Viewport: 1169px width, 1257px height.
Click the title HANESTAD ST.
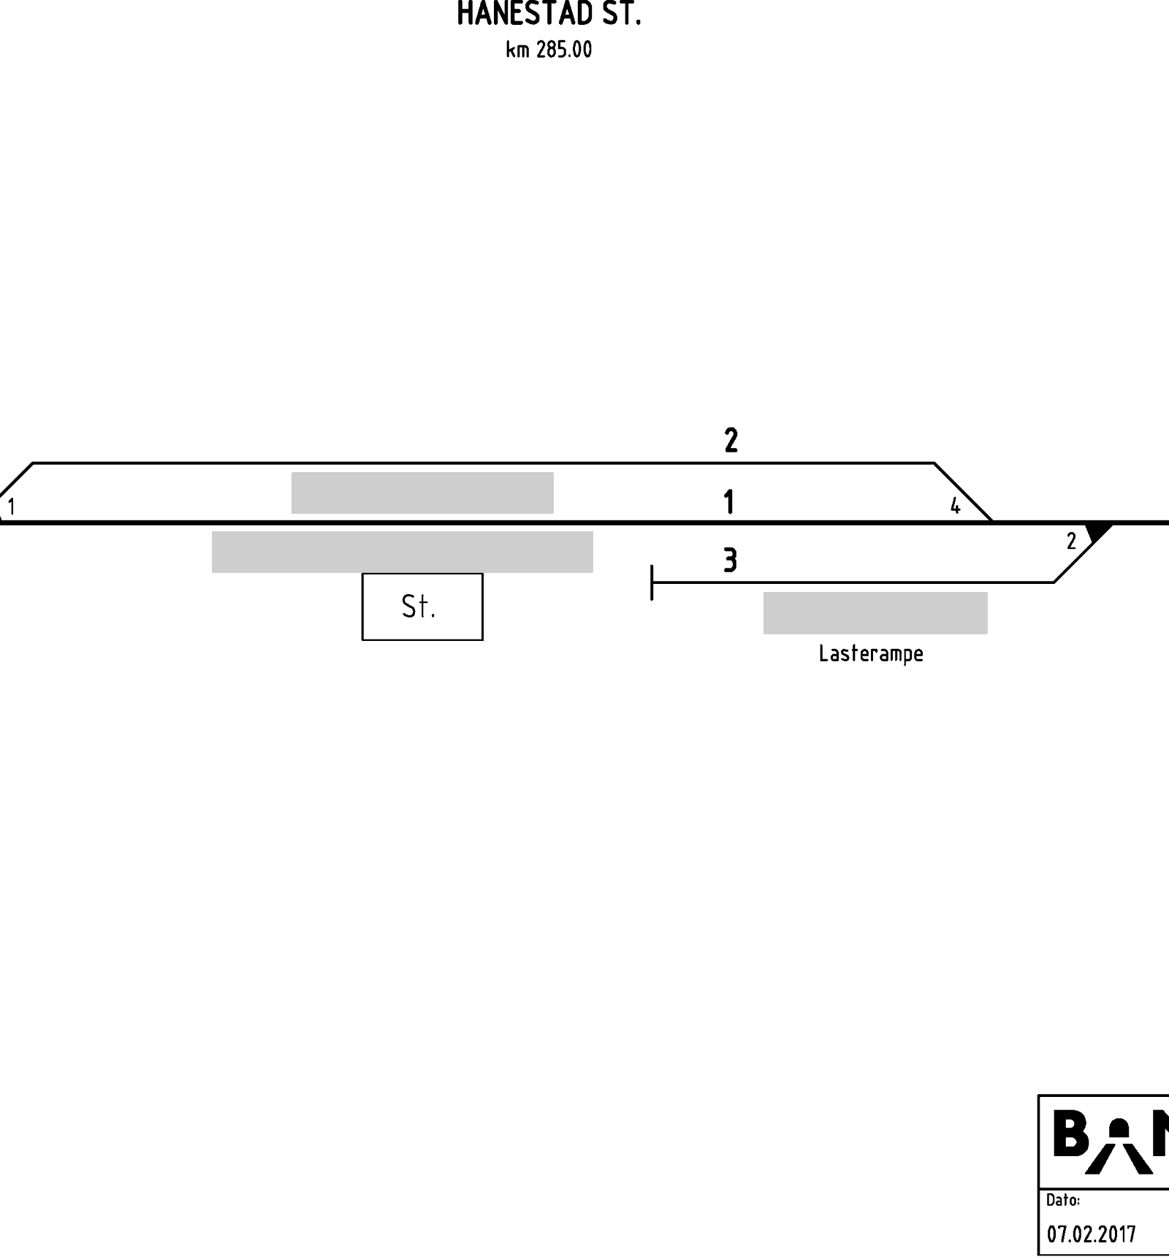point(549,14)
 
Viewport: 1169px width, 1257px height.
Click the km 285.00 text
point(549,50)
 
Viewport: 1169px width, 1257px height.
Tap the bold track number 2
point(731,440)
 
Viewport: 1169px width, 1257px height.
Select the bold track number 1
point(728,502)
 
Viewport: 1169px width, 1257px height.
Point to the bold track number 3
point(730,561)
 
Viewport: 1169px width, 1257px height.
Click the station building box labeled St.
point(422,607)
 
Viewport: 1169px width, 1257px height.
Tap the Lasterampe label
point(871,653)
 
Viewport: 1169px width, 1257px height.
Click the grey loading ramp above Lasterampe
point(875,613)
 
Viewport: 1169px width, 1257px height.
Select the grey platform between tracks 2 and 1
point(422,493)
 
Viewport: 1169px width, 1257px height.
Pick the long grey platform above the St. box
point(403,552)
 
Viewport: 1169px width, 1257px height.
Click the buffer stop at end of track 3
point(652,582)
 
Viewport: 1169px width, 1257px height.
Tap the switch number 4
point(955,506)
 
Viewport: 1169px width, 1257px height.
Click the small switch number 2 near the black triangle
point(1071,542)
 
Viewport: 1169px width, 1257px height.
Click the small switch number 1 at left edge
point(11,506)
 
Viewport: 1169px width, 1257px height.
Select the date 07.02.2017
point(1092,1234)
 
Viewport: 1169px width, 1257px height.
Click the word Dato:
point(1063,1200)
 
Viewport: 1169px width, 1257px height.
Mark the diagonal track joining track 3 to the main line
point(1083,552)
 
